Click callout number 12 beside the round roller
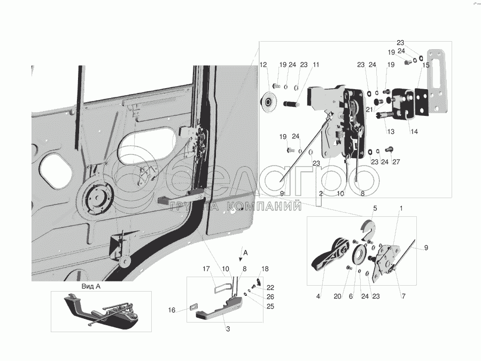[263, 65]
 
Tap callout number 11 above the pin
[316, 65]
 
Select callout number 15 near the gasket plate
[426, 65]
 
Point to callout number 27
[396, 162]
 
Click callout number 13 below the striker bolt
[391, 132]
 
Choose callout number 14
[414, 132]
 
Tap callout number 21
[369, 109]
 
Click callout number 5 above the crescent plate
[375, 208]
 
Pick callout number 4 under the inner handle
[318, 296]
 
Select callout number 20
[337, 296]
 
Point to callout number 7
[404, 296]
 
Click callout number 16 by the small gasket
[172, 310]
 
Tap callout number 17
[206, 269]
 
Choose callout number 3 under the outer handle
[228, 329]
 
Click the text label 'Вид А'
[91, 287]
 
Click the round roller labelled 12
[269, 102]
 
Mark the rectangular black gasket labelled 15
[422, 102]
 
